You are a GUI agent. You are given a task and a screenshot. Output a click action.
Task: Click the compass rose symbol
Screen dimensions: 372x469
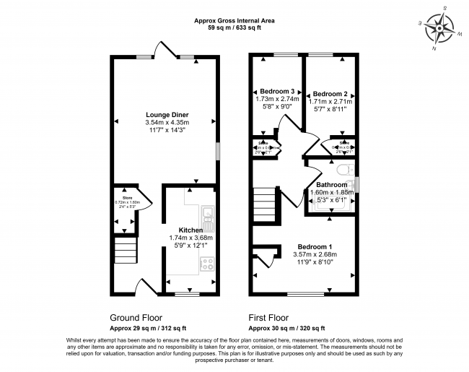tap(439, 31)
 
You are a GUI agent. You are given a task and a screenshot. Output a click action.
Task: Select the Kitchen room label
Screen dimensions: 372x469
tap(190, 230)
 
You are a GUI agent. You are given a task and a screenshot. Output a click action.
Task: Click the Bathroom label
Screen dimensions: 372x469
tap(331, 185)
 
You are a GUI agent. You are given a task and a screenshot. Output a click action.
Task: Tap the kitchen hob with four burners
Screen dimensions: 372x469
tap(207, 264)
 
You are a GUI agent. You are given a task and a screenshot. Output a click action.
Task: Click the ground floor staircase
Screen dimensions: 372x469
tap(126, 254)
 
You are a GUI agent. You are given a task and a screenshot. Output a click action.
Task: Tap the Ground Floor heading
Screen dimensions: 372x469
tap(136, 317)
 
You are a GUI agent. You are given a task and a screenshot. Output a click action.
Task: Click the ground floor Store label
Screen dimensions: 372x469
tap(127, 196)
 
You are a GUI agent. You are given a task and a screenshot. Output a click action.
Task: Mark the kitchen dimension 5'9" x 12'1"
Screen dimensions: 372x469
tap(190, 245)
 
